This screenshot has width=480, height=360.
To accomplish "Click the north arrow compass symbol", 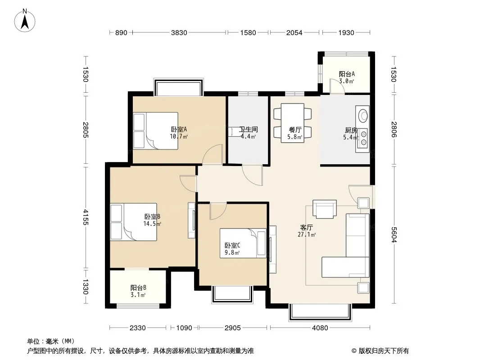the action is coord(25,21).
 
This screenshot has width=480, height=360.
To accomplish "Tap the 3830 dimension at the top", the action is coord(179,32).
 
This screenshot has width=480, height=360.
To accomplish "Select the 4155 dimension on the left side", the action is coord(86,217).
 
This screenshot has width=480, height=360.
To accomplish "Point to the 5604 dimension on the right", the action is coord(394,235).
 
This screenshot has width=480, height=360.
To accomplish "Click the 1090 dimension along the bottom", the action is coord(184,328).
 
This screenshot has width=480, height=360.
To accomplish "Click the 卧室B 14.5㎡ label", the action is coord(153,220).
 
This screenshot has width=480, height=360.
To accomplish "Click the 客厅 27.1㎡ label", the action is coord(307,231).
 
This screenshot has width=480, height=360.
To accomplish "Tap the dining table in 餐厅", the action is coord(293,123).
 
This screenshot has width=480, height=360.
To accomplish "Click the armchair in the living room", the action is coord(325,209).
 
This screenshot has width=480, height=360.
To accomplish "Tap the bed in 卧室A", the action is coord(155,131).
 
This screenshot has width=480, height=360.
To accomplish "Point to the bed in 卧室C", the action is coord(243,243).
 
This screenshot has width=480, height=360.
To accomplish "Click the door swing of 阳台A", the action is coord(337,86).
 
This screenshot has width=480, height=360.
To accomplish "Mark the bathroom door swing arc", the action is coord(252,175).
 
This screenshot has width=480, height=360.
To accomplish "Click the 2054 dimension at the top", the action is coord(294,32).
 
